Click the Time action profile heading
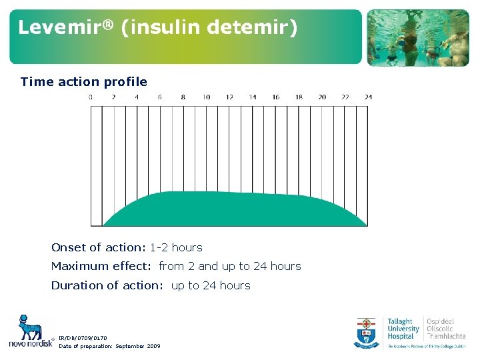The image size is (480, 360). tap(84, 82)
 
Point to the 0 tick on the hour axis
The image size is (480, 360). tap(91, 97)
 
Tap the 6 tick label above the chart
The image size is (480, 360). tap(160, 97)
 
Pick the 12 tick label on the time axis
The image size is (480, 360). tap(229, 97)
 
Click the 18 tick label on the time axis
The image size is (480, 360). tap(299, 97)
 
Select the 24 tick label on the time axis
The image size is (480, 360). tap(368, 97)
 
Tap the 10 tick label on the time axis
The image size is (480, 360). tap(206, 97)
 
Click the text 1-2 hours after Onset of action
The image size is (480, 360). tap(176, 247)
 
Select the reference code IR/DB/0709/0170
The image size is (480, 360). tap(83, 338)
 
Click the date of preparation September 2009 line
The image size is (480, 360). tap(109, 346)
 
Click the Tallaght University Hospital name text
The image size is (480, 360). tap(403, 329)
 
